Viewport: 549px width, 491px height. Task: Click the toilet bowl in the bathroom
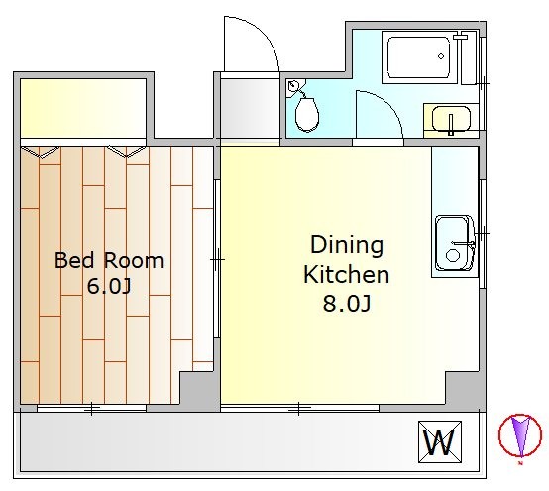click(307, 115)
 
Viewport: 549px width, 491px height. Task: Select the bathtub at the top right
click(419, 58)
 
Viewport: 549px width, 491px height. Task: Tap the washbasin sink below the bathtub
click(451, 119)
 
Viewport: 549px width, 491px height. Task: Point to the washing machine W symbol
click(440, 441)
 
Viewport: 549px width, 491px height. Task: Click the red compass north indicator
click(520, 435)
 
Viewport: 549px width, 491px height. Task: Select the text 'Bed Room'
click(109, 261)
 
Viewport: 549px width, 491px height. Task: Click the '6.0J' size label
click(109, 286)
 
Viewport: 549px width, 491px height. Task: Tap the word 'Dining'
click(347, 246)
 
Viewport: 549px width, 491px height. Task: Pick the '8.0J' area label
click(347, 304)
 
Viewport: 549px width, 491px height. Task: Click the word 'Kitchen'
click(346, 274)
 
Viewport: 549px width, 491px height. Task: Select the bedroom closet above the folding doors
click(83, 108)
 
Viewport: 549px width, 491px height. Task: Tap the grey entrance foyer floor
click(250, 108)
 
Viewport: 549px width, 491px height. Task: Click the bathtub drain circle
click(441, 56)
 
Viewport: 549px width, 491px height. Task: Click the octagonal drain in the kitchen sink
click(453, 256)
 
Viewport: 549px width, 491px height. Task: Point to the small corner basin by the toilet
click(293, 86)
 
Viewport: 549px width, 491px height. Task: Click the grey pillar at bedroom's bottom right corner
click(198, 390)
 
